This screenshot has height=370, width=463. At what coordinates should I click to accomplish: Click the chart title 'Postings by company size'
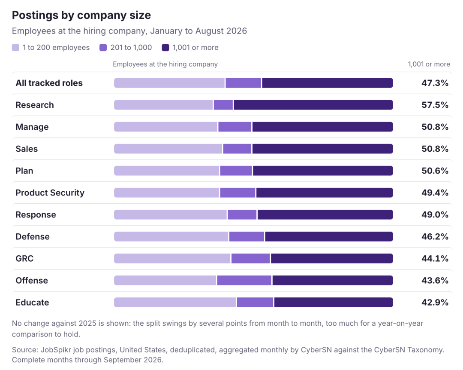click(81, 15)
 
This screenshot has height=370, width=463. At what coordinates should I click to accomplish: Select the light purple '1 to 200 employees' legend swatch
click(16, 47)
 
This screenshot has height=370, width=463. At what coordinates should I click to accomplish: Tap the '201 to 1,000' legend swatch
click(103, 47)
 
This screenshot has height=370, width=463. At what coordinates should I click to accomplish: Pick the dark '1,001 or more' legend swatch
click(165, 47)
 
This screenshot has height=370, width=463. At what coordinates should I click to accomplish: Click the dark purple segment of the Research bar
click(313, 105)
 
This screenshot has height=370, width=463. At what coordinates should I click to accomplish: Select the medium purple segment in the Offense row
click(244, 280)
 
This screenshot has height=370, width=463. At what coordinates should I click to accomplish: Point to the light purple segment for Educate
click(175, 302)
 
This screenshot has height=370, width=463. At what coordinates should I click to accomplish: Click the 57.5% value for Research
click(435, 105)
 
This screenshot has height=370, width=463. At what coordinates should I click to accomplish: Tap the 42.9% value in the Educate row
click(435, 302)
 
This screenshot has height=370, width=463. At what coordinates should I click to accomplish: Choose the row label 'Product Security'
click(50, 193)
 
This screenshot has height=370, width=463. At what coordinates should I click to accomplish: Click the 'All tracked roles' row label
click(49, 83)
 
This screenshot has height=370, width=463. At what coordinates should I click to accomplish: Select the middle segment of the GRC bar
click(251, 258)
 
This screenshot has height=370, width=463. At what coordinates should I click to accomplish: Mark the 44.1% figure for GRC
click(435, 258)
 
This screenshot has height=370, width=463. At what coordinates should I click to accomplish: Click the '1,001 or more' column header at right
click(429, 64)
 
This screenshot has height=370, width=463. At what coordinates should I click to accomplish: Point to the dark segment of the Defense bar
click(329, 236)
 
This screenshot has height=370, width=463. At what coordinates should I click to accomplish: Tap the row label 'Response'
click(36, 214)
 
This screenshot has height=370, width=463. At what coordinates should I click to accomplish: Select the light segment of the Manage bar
click(165, 127)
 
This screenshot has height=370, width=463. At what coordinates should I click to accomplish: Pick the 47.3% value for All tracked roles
click(435, 83)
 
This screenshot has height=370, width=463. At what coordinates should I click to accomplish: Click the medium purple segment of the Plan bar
click(236, 171)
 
